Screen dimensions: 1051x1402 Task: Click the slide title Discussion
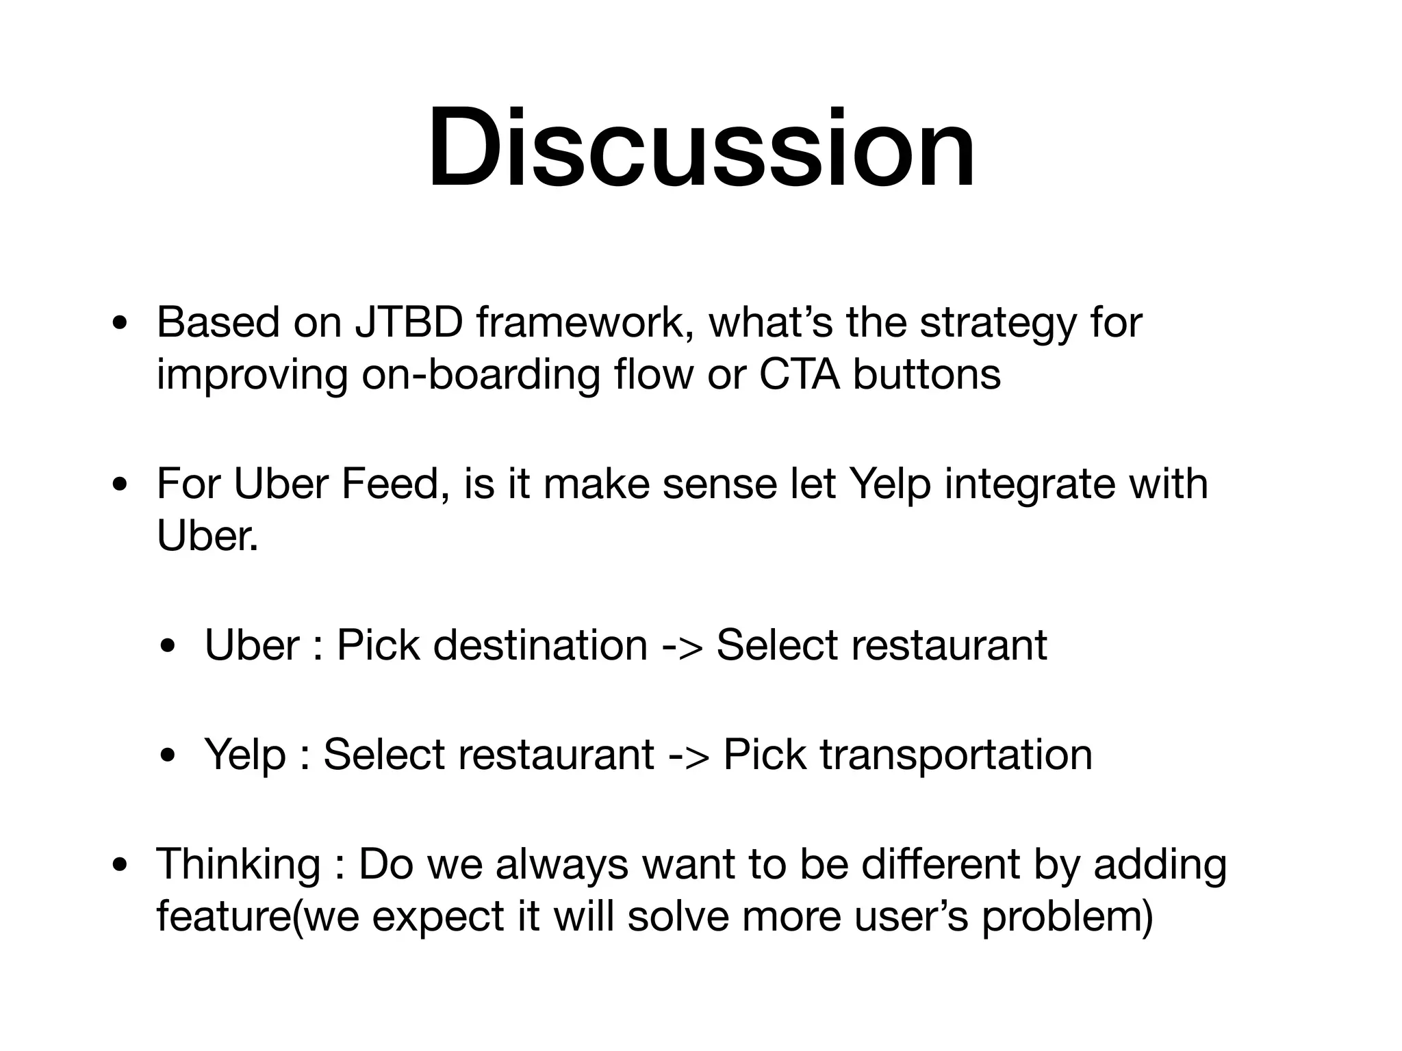[x=701, y=149]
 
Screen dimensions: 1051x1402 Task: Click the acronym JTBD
[x=409, y=322]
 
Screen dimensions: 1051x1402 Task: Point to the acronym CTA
[x=799, y=374]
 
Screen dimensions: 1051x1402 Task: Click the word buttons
[x=926, y=374]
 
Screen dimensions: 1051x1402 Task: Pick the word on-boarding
[x=480, y=376]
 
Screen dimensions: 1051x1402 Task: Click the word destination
[x=540, y=645]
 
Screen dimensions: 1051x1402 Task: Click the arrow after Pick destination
[x=682, y=646]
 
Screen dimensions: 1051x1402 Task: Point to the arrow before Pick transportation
[x=689, y=755]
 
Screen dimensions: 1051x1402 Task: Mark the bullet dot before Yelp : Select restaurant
[x=168, y=757]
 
